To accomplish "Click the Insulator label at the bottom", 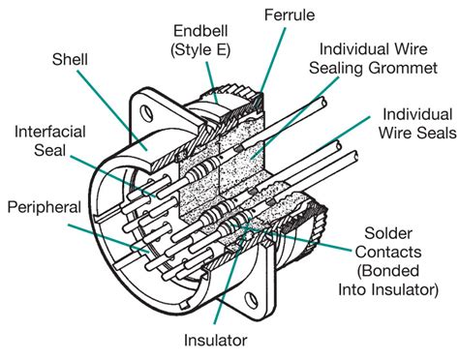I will [x=219, y=340].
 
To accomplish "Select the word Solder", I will [x=390, y=233].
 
